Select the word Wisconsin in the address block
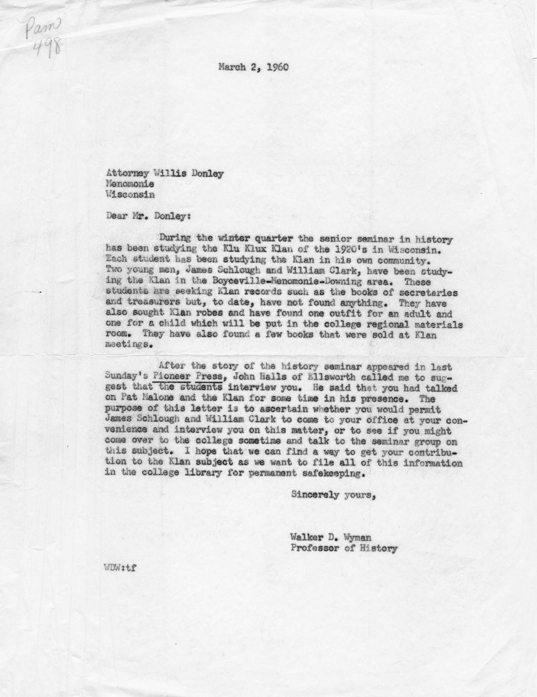click(x=130, y=194)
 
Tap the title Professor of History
click(x=344, y=548)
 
